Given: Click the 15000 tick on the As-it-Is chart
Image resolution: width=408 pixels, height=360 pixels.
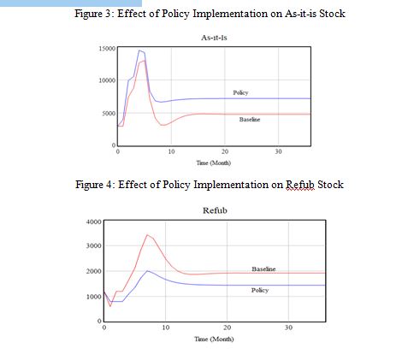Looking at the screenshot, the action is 107,49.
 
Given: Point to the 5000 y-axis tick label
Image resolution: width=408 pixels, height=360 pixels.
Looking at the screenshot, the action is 109,114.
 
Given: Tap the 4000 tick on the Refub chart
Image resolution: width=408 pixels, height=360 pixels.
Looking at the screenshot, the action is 93,221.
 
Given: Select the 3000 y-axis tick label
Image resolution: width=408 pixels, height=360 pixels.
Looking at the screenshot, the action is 93,245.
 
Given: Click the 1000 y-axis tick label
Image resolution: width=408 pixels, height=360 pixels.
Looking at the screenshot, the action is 93,297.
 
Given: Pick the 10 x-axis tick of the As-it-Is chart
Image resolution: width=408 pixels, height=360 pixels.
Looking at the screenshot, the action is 171,151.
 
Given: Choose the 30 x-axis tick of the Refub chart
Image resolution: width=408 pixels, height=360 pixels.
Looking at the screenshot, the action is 288,328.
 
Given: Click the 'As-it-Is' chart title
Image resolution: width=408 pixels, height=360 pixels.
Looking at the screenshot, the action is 214,38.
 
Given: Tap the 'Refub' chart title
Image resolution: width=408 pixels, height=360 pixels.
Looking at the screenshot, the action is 215,210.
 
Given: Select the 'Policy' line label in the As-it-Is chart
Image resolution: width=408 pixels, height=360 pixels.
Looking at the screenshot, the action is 240,92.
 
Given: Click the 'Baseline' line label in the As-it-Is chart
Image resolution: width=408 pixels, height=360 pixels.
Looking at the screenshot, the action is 250,120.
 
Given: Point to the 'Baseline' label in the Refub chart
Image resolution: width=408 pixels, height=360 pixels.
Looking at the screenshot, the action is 263,269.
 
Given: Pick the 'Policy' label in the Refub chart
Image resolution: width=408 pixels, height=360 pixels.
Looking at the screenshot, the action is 260,290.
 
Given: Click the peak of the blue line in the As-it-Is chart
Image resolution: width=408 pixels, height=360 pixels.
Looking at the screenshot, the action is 139,50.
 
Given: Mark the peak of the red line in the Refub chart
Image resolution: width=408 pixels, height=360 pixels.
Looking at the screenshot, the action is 147,235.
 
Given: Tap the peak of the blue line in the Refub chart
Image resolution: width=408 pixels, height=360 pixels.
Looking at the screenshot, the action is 147,270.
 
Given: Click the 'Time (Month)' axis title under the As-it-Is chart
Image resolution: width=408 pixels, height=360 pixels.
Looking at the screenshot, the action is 213,163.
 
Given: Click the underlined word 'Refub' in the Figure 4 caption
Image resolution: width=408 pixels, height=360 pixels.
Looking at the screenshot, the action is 300,185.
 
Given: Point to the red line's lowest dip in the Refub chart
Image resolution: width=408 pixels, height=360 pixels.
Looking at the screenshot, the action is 110,306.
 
